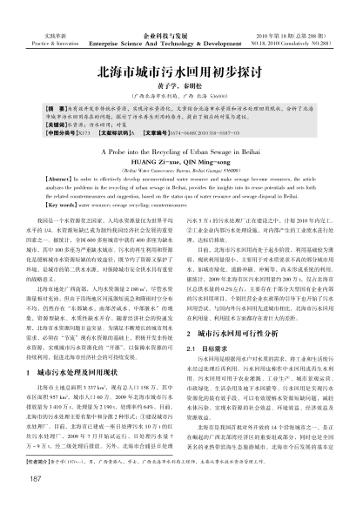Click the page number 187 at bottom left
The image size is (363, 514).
point(34,481)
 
